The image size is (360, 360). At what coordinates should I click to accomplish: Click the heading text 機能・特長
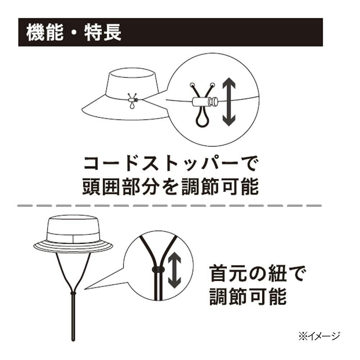coord(74,33)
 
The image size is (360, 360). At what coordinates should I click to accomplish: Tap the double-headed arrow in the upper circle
coord(229,102)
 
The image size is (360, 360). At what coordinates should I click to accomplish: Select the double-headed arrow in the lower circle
coord(175,270)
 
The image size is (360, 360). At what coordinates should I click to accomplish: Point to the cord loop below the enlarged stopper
coord(202,117)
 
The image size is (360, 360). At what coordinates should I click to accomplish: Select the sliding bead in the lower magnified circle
coord(158,269)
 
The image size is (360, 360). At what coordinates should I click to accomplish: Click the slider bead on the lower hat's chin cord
coord(73,293)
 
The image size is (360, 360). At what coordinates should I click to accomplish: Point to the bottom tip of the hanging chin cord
coord(73,340)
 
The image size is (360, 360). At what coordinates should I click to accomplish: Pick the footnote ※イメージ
coord(319,336)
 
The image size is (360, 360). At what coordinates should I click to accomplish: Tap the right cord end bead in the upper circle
coord(212,85)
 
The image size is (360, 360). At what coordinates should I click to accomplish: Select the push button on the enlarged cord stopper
coord(213,102)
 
